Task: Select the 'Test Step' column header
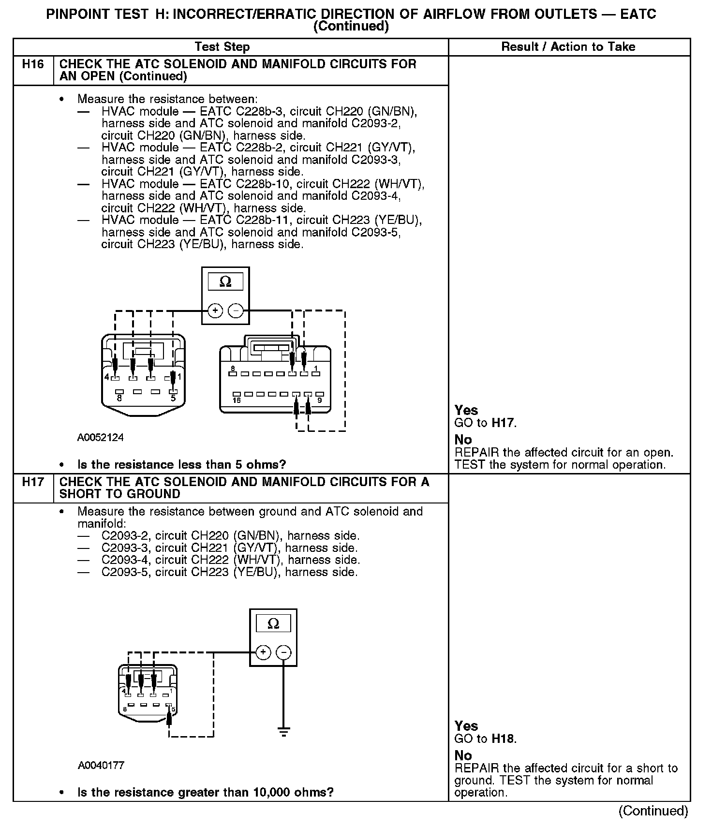[222, 47]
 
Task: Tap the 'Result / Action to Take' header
[568, 47]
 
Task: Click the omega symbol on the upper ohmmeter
[225, 282]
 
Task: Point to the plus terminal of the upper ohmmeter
[215, 310]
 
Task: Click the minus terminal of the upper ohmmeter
[236, 310]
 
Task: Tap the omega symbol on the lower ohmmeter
[273, 624]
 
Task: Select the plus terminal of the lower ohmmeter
[263, 652]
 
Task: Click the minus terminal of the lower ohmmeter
[283, 652]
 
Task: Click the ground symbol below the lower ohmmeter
[283, 731]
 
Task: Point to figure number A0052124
[100, 438]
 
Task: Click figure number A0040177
[101, 766]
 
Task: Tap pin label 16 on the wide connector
[237, 401]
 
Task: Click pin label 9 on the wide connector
[319, 401]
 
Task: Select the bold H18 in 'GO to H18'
[503, 739]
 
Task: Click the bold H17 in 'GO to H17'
[503, 423]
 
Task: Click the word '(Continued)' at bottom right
[653, 811]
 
